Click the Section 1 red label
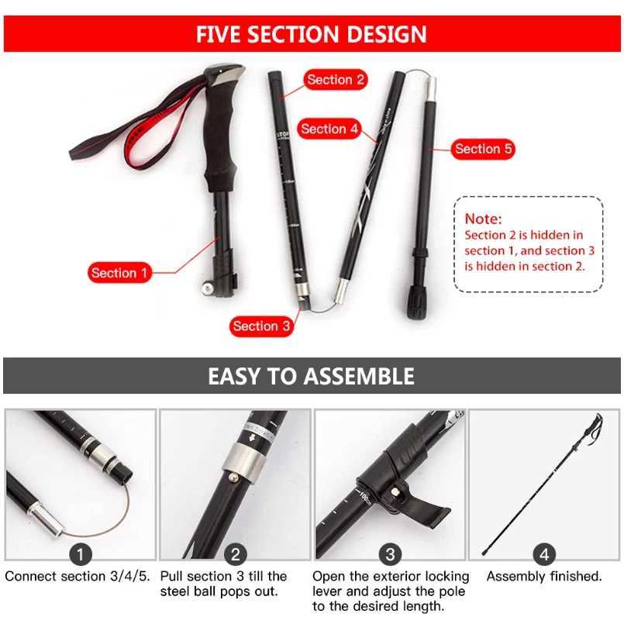tap(119, 273)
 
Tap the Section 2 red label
tap(335, 80)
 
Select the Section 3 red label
tap(261, 326)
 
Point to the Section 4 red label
tap(329, 129)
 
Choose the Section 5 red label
tap(483, 149)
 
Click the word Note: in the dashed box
tap(483, 219)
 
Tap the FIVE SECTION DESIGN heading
tap(312, 34)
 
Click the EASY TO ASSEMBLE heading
tap(312, 377)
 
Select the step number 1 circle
tap(81, 554)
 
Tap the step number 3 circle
tap(390, 554)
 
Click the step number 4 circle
tap(545, 554)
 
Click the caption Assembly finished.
tap(544, 577)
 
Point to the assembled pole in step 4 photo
tap(543, 488)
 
